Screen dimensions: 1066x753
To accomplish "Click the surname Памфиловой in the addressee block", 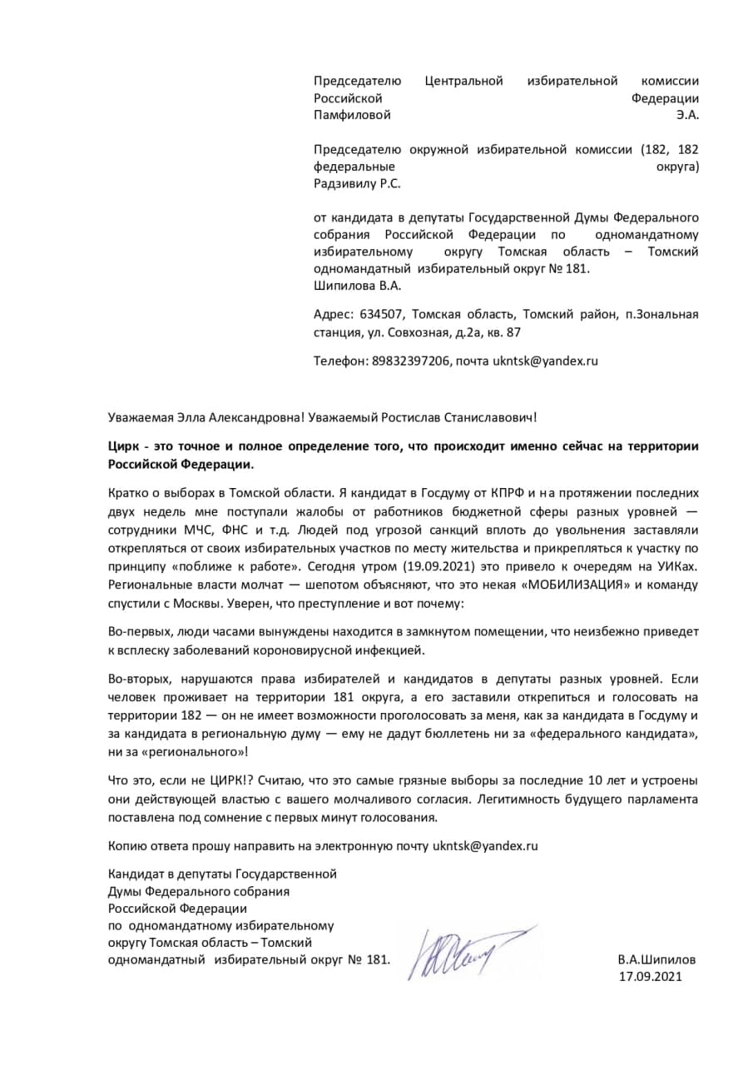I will (x=351, y=115).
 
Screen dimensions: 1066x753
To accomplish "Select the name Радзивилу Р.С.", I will (x=362, y=183).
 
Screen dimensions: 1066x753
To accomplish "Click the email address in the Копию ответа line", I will (x=485, y=845).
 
